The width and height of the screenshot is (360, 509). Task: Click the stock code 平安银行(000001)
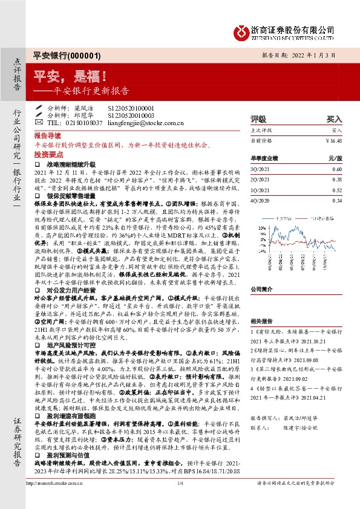(58, 54)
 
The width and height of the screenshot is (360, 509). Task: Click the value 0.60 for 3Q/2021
(337, 169)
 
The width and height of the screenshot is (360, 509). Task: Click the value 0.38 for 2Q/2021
(337, 179)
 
